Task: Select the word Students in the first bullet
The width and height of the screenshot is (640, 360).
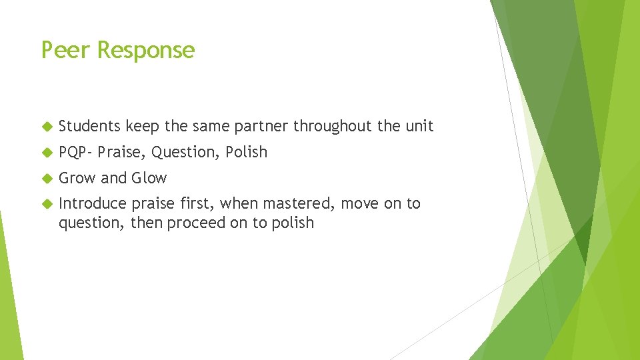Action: pos(89,126)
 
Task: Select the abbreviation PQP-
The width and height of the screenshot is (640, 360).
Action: pos(75,152)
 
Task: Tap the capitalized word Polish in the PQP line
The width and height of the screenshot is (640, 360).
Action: pos(246,152)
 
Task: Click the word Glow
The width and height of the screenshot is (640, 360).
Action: pos(149,178)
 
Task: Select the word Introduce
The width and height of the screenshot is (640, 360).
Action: pos(92,203)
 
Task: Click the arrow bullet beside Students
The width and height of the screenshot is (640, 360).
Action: pos(46,127)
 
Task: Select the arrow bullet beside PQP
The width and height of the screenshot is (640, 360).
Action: pos(46,153)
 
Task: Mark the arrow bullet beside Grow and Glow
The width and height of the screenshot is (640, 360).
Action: pos(46,179)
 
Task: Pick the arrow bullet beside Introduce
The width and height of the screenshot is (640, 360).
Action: pos(46,204)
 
